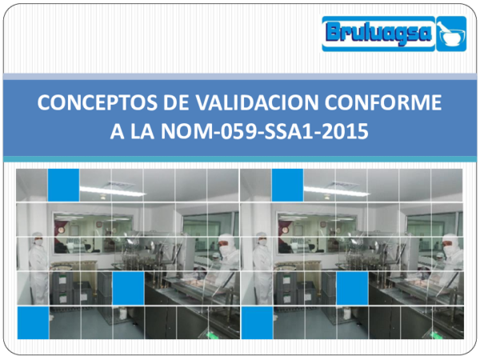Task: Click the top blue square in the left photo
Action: click(63, 185)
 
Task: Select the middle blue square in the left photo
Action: click(128, 289)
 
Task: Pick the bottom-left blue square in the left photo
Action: click(31, 322)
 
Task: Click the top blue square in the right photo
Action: click(287, 185)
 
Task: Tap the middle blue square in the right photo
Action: click(352, 289)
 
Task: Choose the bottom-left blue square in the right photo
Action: click(256, 322)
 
